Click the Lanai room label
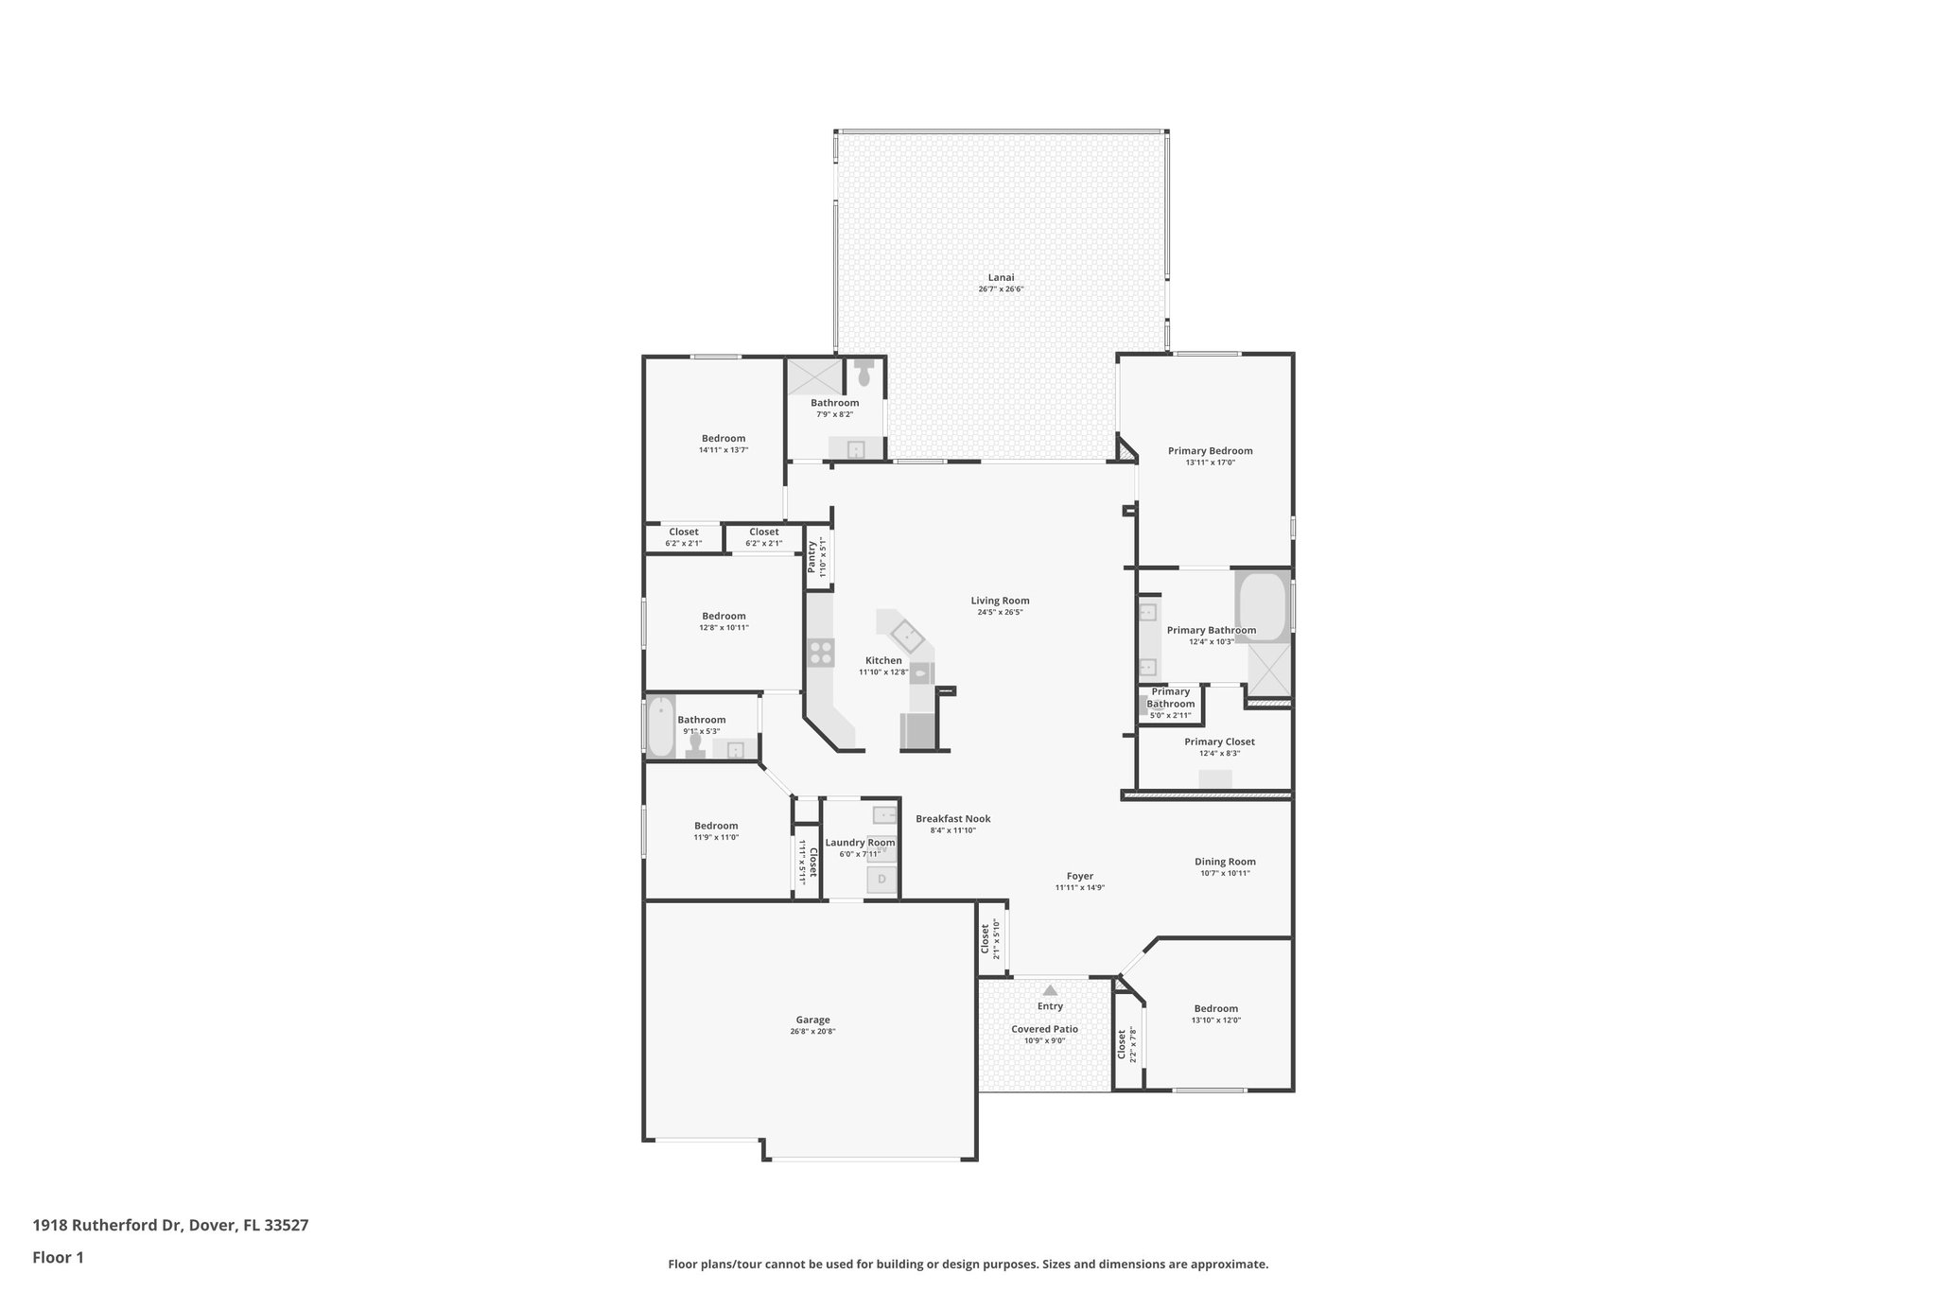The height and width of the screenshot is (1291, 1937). tap(1001, 277)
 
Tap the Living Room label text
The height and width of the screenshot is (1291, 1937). tap(1000, 601)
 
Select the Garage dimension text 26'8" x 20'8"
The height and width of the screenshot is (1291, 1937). tap(812, 1032)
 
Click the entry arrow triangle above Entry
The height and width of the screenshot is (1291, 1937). tap(1050, 990)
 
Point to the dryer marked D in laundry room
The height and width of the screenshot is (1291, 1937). tap(881, 880)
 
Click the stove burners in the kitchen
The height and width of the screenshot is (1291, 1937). tap(821, 652)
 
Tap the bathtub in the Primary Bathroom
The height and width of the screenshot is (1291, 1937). tap(1262, 605)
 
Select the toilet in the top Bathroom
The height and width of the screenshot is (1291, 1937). tap(864, 374)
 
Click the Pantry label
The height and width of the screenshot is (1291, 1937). tap(811, 556)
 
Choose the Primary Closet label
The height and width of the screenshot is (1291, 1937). tap(1219, 741)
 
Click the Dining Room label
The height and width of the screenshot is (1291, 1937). tap(1225, 862)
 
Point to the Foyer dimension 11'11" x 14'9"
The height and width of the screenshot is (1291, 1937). tap(1079, 888)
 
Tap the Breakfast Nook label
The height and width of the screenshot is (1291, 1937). tap(952, 819)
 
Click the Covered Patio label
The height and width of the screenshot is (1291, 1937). tap(1044, 1029)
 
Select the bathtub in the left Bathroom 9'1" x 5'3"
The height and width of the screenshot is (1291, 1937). tap(660, 726)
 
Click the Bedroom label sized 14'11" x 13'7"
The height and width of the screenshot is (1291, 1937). tap(724, 438)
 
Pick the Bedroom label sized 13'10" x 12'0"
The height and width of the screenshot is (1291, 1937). tap(1215, 1008)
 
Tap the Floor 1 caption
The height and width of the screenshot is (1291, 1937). tap(58, 1257)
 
